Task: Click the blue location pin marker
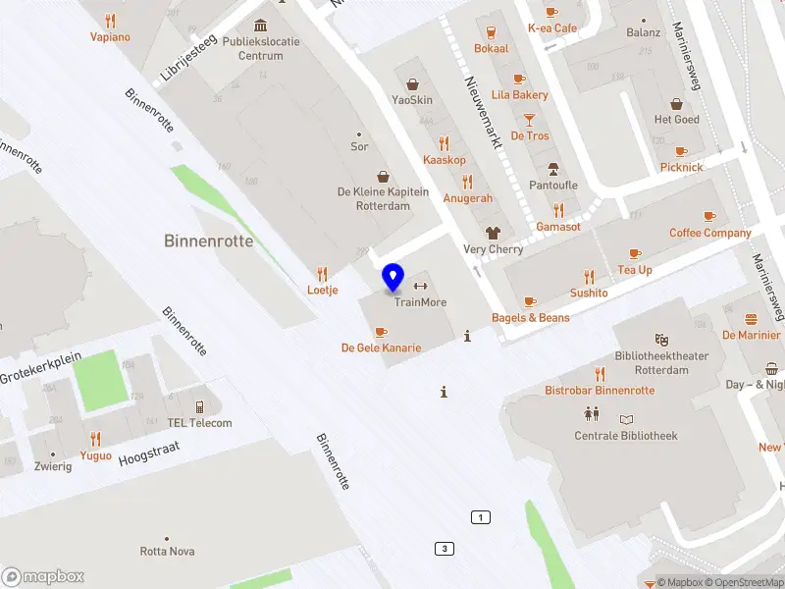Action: [393, 278]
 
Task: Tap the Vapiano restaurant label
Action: [110, 37]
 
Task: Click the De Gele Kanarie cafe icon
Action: [382, 333]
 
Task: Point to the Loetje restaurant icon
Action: [322, 275]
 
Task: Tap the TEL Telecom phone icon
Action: [199, 407]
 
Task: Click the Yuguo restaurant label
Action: [96, 455]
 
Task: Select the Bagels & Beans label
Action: [530, 318]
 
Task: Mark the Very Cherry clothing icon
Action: [493, 234]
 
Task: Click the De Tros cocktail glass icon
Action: [530, 120]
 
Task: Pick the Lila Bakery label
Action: [520, 95]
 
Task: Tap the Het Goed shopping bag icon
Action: [677, 104]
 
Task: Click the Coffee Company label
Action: [709, 233]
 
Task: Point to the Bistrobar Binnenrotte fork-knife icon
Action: [600, 374]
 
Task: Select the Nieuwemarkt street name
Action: [483, 113]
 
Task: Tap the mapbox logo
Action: [43, 577]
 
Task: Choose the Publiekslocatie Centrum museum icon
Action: [260, 25]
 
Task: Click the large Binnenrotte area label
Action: [208, 241]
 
